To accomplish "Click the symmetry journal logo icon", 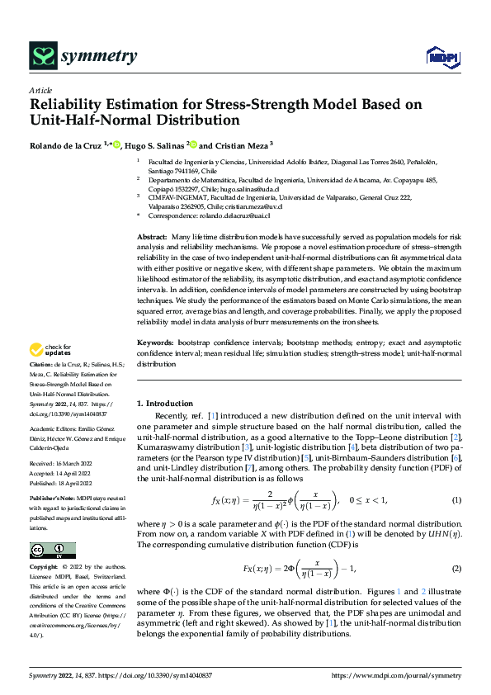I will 42,57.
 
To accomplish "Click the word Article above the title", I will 40,91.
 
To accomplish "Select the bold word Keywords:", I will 153,342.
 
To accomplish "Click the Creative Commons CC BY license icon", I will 52,551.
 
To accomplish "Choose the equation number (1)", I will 456,501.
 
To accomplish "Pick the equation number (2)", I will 456,570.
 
